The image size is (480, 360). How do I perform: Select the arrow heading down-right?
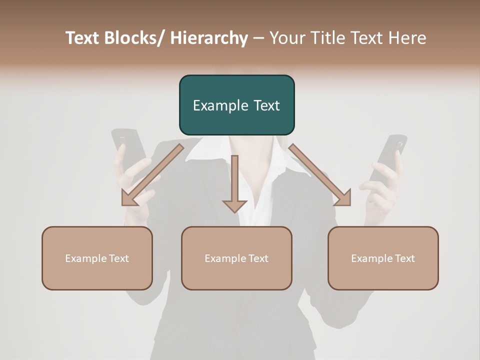click(x=320, y=175)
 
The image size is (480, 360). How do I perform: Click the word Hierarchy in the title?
click(x=209, y=38)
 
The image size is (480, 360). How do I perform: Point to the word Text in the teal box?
click(x=267, y=105)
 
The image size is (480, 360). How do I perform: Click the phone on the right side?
click(x=390, y=155)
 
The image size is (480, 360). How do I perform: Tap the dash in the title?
click(x=258, y=38)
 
